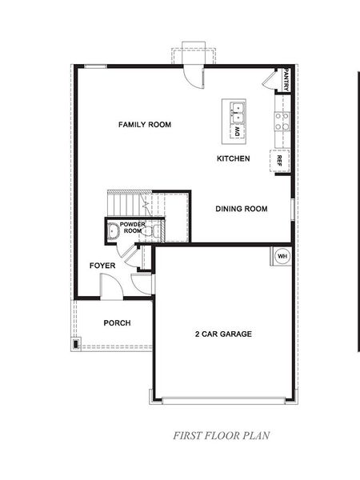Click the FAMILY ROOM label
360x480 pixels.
(x=145, y=125)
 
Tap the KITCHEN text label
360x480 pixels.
(x=234, y=158)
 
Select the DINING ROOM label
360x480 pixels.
(x=241, y=209)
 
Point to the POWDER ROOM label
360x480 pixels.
(x=133, y=228)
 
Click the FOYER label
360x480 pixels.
(x=102, y=265)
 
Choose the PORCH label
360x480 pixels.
(x=117, y=323)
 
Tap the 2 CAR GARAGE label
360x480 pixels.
(x=222, y=334)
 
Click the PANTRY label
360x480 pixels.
(x=285, y=80)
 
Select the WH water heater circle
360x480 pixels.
(x=282, y=256)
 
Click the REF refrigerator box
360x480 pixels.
(x=280, y=160)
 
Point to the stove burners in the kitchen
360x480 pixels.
(x=282, y=121)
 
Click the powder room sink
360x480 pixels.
(x=113, y=233)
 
